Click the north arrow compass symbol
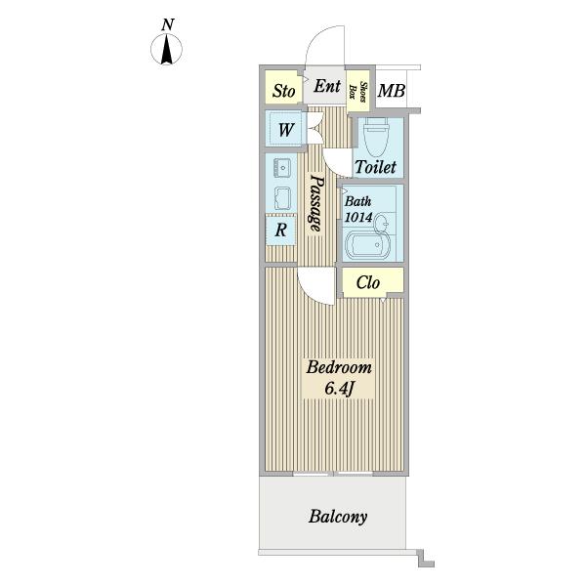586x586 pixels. [166, 49]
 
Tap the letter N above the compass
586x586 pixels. [168, 24]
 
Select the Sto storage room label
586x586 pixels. [283, 91]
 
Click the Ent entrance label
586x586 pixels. [327, 86]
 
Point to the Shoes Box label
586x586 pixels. [357, 90]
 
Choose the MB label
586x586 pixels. [391, 91]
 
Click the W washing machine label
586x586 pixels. [286, 130]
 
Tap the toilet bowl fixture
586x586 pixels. [377, 137]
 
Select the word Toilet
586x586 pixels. [375, 167]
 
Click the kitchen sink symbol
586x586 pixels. [281, 168]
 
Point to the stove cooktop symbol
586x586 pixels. [282, 197]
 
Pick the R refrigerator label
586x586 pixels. [280, 230]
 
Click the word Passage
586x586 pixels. [315, 204]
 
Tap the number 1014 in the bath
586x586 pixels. [358, 217]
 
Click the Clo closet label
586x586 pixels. [368, 283]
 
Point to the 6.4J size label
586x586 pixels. [339, 389]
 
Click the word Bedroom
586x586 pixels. [339, 367]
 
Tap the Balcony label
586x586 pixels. [338, 517]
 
